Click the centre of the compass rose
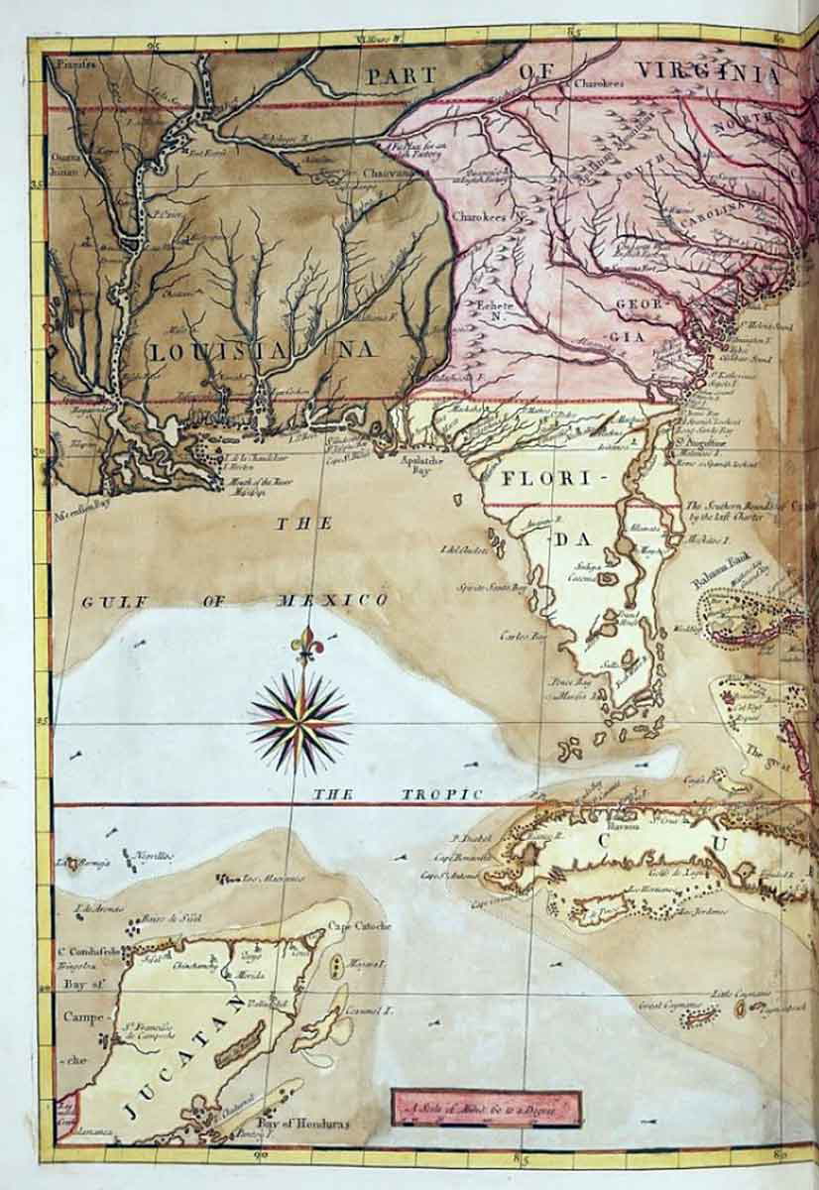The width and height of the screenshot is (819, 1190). (299, 721)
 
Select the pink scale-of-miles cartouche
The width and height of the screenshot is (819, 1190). (486, 1108)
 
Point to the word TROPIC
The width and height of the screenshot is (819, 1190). (443, 794)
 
